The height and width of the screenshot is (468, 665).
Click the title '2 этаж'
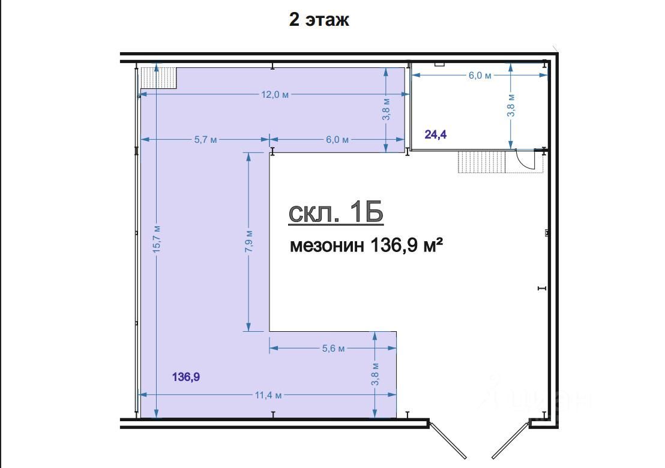[319, 19]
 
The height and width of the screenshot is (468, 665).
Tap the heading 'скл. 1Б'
[336, 212]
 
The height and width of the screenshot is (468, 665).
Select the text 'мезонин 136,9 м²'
[367, 245]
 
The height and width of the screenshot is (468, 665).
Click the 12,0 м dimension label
[275, 95]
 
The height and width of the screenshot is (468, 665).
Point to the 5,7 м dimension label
[206, 139]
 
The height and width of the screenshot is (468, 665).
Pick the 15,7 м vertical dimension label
[157, 239]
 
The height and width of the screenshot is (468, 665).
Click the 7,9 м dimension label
[249, 241]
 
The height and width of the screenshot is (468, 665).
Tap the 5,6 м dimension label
[333, 349]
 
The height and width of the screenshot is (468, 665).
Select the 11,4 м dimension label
[268, 395]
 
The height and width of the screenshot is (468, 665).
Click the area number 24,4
[436, 134]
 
